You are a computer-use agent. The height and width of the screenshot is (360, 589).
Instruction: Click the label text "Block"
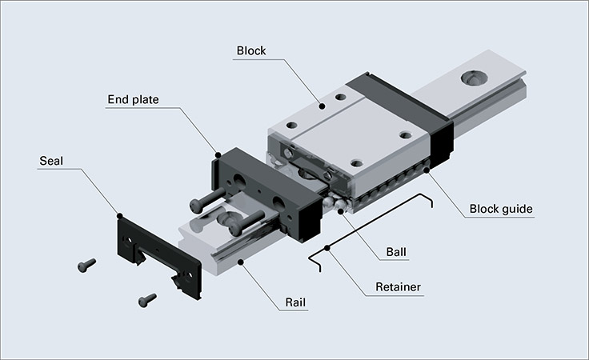pos(250,50)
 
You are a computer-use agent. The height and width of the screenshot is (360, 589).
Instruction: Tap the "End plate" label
pos(133,100)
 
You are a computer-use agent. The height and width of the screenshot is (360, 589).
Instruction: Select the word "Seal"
pos(51,161)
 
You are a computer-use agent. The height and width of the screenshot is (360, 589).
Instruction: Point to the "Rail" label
pos(297,303)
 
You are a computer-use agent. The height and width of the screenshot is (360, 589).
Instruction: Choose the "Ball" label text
pos(395,251)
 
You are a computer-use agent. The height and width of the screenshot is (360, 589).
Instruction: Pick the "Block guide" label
pos(501,210)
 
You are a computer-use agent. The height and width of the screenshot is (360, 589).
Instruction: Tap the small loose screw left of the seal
pos(86,263)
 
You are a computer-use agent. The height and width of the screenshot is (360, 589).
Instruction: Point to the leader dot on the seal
pos(119,214)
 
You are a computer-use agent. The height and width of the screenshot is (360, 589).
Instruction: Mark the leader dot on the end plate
pos(218,153)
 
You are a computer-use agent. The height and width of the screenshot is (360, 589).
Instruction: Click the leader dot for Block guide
pos(426,170)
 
